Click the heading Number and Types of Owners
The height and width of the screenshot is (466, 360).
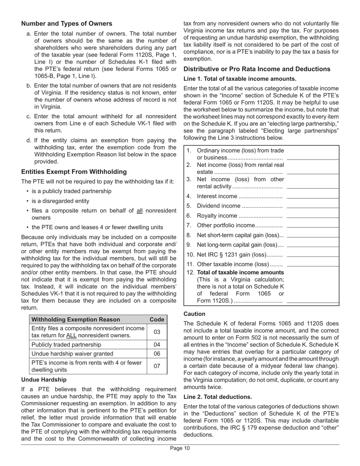pos(67,23)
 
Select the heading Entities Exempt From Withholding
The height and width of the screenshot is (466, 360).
pos(74,172)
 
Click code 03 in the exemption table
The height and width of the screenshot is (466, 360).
pos(157,332)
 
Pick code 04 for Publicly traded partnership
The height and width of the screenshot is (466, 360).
pos(157,345)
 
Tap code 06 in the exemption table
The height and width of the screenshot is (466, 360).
pos(157,354)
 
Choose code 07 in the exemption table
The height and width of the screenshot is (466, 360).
pos(157,366)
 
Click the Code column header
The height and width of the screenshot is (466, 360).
pos(157,319)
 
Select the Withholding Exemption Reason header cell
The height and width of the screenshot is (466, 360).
pos(76,319)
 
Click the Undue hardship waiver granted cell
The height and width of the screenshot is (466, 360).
pos(72,354)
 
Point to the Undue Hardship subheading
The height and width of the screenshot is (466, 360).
pos(44,379)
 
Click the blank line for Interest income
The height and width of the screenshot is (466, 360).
pos(313,197)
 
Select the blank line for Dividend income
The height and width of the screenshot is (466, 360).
pos(313,206)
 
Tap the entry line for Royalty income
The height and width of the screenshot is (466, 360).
pos(313,216)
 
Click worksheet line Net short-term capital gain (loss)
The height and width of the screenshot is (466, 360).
pos(240,235)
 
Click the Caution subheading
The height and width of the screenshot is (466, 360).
pos(194,314)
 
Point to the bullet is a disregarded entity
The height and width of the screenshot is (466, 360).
pos(61,201)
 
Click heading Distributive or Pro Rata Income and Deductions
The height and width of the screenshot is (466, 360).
pos(257,69)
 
